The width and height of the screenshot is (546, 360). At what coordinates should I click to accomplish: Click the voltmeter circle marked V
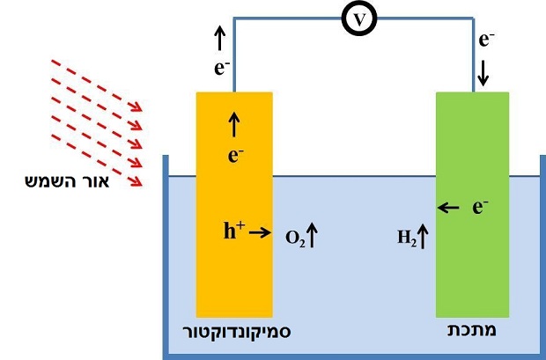(x=359, y=18)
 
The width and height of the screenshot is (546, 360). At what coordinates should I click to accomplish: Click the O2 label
(x=295, y=239)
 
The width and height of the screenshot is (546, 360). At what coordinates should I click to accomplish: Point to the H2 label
(x=407, y=239)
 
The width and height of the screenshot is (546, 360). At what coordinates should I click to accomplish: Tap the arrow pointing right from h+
(x=260, y=232)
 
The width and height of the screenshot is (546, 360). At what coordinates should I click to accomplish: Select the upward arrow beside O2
(x=312, y=236)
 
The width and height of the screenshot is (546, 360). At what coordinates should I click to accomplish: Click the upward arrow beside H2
(x=423, y=237)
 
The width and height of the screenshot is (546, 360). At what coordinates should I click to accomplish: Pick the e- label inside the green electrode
(x=481, y=207)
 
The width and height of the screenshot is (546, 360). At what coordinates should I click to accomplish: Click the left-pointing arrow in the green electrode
(x=448, y=209)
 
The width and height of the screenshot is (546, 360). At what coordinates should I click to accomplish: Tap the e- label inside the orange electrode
(x=235, y=155)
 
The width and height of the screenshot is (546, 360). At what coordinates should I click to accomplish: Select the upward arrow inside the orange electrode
(x=234, y=125)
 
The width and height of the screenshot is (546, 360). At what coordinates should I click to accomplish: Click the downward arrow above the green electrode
(x=483, y=75)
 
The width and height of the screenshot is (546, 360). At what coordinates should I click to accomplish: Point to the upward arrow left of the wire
(x=219, y=38)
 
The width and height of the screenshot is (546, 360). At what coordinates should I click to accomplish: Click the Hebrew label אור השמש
(x=67, y=181)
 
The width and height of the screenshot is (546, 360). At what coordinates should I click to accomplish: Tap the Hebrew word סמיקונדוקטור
(x=237, y=332)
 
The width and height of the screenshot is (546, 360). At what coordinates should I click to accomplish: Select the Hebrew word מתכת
(x=472, y=330)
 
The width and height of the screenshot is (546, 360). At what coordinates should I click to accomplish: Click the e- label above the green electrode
(x=487, y=40)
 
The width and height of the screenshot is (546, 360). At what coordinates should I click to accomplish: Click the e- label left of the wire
(x=222, y=69)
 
